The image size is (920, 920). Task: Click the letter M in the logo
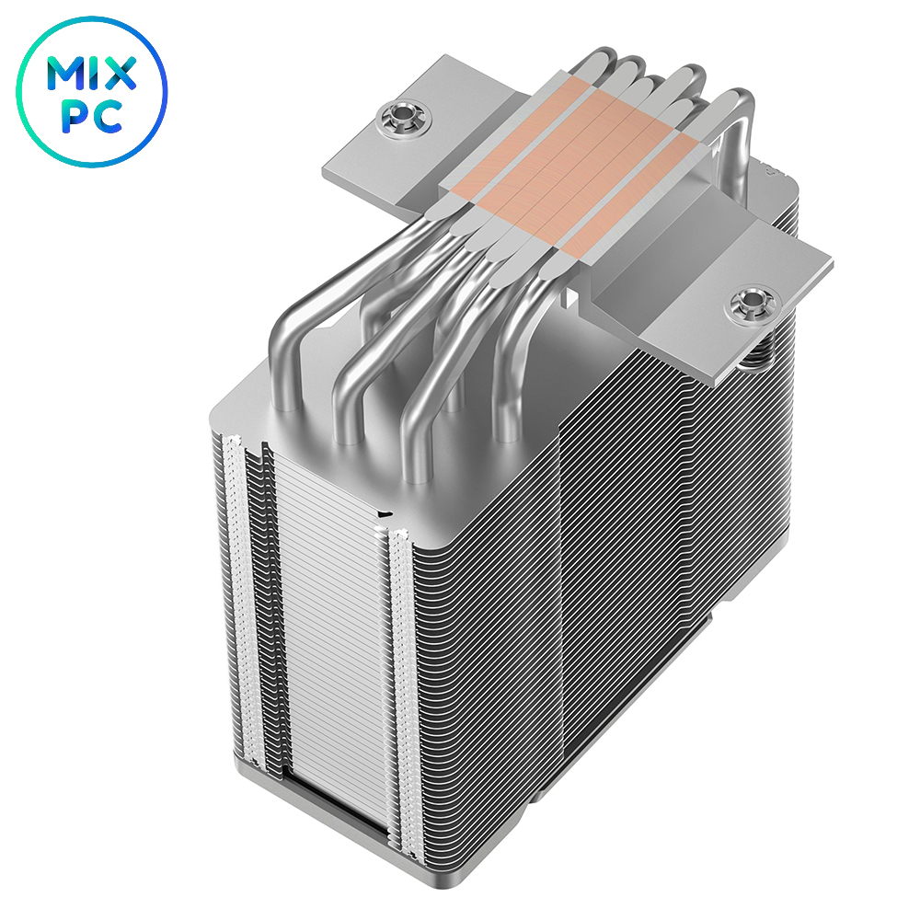(x=64, y=74)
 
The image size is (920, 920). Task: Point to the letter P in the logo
(x=75, y=118)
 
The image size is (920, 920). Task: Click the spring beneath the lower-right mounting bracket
(x=761, y=352)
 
